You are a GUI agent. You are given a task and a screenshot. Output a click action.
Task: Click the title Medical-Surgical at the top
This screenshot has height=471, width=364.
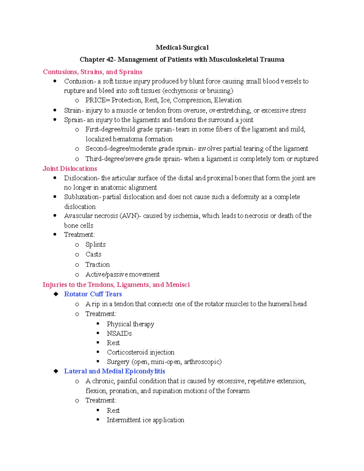tap(182, 47)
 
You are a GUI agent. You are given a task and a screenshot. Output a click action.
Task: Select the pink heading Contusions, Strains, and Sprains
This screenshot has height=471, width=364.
tap(93, 72)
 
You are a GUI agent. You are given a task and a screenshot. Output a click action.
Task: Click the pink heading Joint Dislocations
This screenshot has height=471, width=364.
tap(70, 169)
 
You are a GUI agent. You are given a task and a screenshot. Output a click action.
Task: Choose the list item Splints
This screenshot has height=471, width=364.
tap(96, 244)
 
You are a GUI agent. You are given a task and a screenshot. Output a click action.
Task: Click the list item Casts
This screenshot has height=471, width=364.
tap(93, 254)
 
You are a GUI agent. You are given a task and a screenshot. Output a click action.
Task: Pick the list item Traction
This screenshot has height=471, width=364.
tap(97, 264)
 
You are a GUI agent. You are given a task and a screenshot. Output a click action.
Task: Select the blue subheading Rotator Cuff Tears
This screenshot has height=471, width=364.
tap(93, 294)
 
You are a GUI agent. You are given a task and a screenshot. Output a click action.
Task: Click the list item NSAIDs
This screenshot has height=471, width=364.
tap(119, 334)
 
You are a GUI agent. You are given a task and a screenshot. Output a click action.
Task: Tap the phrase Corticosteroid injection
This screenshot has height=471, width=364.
tap(140, 352)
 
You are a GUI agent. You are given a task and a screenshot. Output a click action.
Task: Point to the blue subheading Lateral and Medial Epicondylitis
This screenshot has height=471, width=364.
tap(114, 371)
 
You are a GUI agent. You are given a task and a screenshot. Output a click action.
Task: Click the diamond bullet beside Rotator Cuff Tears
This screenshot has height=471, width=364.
tap(56, 294)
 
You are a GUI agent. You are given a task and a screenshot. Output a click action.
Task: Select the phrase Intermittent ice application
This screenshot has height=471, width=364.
tap(145, 420)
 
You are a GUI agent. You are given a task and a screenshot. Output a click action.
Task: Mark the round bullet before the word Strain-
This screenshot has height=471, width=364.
tap(55, 110)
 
